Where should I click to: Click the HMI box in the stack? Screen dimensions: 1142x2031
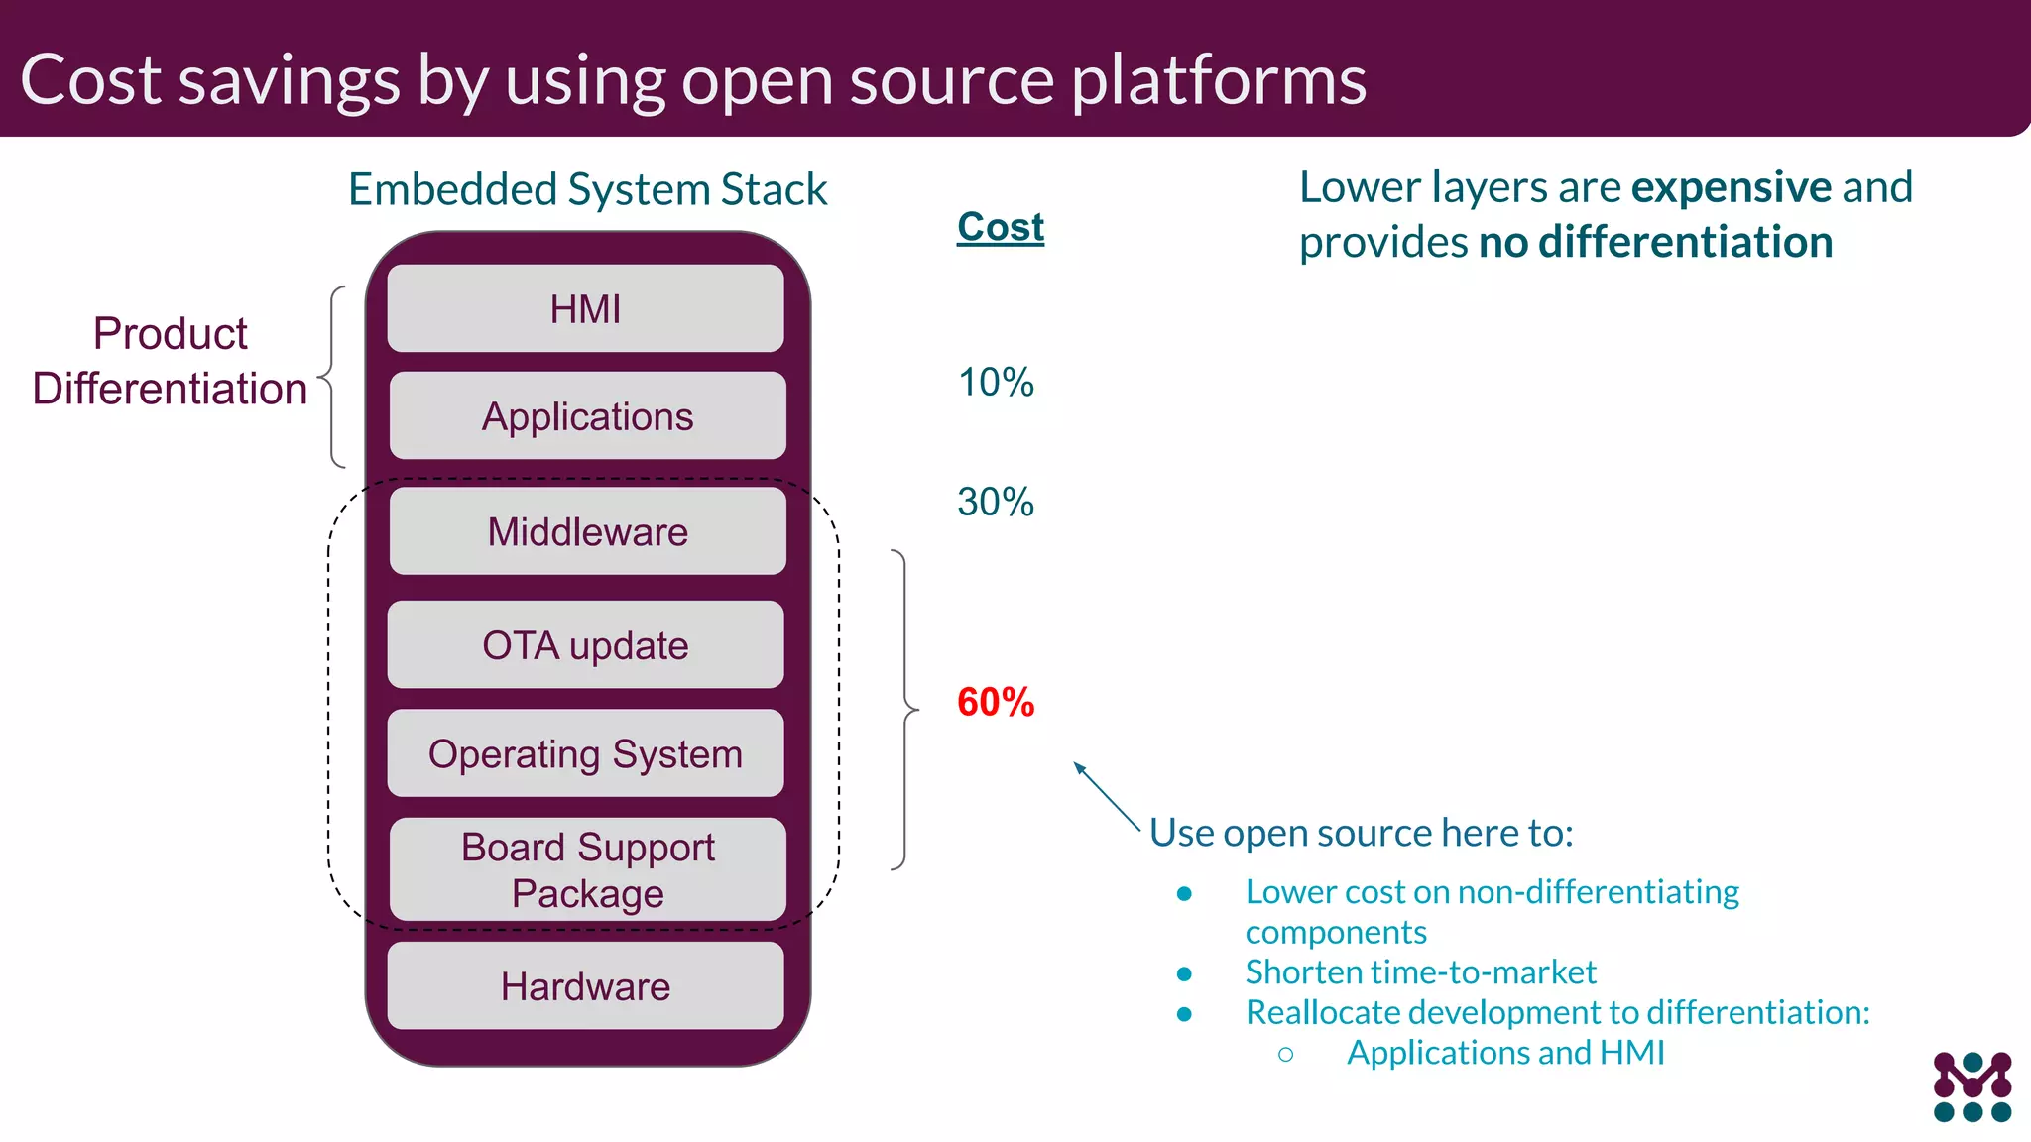(585, 308)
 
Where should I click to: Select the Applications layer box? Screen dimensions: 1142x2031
(587, 416)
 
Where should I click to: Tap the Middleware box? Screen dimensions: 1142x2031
(587, 531)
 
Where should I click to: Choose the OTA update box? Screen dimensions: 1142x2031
(585, 645)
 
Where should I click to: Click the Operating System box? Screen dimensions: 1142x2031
(585, 753)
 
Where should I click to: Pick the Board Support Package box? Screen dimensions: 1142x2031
(587, 869)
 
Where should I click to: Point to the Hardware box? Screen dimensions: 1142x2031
(585, 985)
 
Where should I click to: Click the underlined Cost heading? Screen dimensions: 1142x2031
(1000, 227)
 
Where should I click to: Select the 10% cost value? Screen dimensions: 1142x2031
(995, 382)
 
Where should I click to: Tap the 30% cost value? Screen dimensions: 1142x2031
(995, 502)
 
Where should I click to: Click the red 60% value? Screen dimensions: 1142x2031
(995, 702)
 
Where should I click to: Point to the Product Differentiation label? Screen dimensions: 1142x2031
(170, 361)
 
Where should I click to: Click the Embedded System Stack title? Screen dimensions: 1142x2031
(587, 189)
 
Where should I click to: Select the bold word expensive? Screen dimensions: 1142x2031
(1731, 186)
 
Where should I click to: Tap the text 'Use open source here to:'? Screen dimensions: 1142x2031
(1361, 833)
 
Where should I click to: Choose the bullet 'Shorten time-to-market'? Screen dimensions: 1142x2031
(1420, 971)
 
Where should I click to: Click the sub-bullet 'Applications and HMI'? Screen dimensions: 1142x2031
(1504, 1052)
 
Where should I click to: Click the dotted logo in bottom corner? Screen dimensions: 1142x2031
(1971, 1086)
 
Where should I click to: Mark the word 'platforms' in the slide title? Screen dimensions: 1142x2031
(1219, 80)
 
